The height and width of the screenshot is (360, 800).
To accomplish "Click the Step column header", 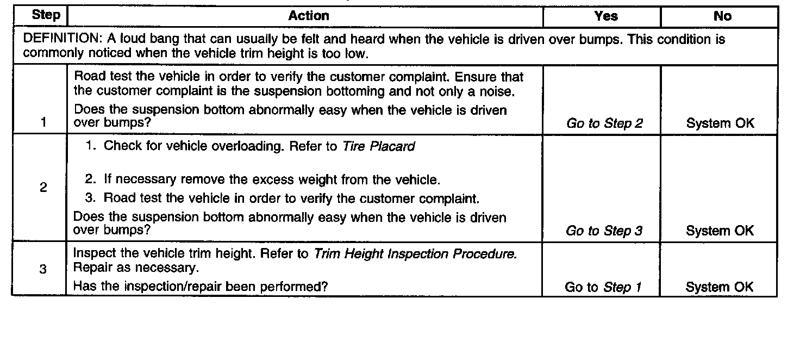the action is click(x=46, y=15).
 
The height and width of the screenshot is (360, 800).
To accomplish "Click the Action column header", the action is click(x=308, y=16).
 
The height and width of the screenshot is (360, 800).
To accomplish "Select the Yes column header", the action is click(x=606, y=16).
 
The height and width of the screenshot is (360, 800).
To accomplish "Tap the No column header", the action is click(x=722, y=16).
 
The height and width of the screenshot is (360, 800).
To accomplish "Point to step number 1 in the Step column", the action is click(x=42, y=123).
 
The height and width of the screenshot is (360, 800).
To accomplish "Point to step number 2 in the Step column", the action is click(x=42, y=188).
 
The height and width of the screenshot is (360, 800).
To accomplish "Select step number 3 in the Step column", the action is click(x=42, y=270).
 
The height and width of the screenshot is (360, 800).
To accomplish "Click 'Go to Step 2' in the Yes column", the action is click(x=604, y=123).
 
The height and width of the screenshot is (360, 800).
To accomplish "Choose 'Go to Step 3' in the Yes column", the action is click(x=604, y=231).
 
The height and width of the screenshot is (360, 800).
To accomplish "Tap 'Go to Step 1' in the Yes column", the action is click(x=603, y=287).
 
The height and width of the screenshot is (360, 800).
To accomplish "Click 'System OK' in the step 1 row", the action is click(x=720, y=123).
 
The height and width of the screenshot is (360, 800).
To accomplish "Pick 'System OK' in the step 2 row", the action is click(x=720, y=231).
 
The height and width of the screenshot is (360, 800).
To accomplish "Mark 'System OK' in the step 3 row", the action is click(x=720, y=287).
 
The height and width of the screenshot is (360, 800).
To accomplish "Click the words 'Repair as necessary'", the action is click(x=135, y=268).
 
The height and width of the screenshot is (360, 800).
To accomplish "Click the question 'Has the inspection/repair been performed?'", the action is click(x=201, y=286).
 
